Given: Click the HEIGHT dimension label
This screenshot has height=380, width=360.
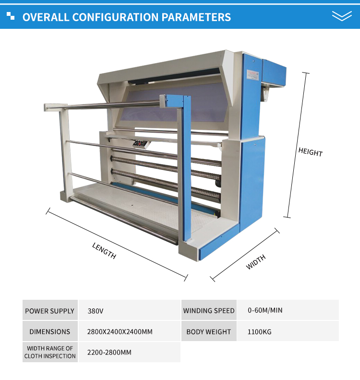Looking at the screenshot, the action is (310, 152).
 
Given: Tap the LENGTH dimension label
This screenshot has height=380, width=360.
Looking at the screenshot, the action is (104, 250).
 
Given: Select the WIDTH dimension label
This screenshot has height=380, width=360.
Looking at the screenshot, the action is (256, 262).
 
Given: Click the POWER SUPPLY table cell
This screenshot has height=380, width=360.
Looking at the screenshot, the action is (50, 311).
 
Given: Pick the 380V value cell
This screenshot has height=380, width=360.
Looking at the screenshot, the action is (96, 311).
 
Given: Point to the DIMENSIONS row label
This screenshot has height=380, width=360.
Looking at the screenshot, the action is (50, 331).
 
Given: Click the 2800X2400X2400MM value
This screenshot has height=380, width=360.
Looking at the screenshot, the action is (120, 331).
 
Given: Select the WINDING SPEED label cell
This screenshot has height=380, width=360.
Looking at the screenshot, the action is (209, 311).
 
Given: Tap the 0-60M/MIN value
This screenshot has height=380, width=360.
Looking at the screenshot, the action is (265, 310).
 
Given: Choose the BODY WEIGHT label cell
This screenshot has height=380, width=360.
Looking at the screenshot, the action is (209, 331).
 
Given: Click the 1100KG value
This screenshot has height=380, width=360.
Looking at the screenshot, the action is (260, 331).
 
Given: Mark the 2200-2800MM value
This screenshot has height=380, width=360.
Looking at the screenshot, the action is (109, 352).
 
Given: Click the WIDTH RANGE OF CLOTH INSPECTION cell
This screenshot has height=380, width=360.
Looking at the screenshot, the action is (50, 352).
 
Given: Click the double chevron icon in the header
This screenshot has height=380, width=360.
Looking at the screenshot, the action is (342, 16).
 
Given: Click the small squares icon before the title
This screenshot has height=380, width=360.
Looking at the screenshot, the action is (11, 17).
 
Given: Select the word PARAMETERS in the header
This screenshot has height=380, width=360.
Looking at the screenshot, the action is (196, 18).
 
